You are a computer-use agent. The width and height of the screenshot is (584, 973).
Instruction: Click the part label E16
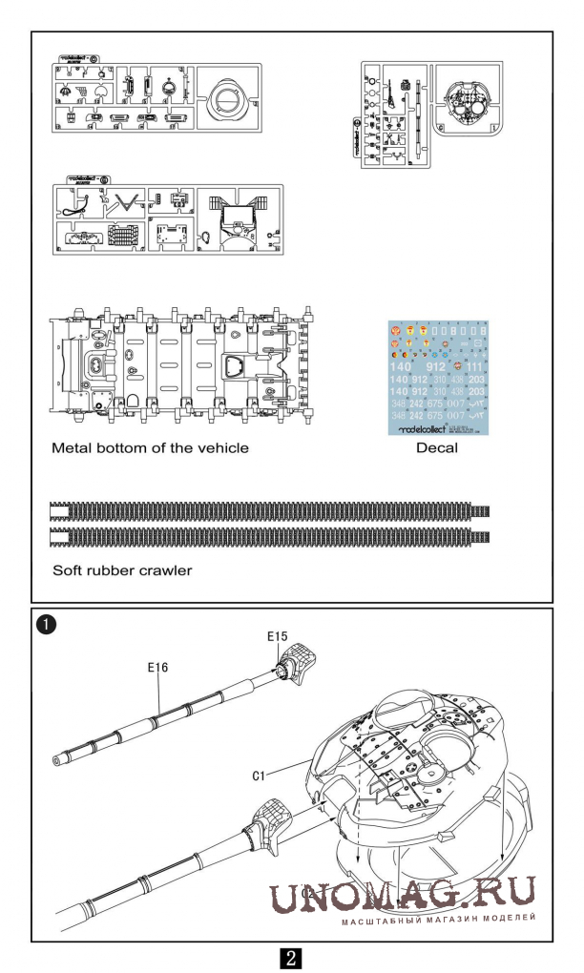pos(158,668)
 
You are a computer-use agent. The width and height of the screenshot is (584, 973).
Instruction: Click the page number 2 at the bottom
pos(292,957)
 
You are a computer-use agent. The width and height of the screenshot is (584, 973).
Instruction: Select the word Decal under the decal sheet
pos(436,447)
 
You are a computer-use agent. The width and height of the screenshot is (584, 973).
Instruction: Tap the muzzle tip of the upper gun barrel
pos(59,760)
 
